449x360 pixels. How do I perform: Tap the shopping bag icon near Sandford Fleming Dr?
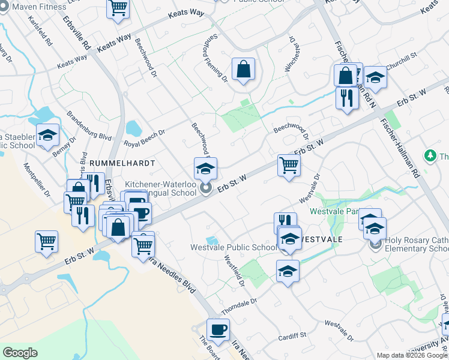[243, 69]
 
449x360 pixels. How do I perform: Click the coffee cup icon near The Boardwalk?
[218, 329]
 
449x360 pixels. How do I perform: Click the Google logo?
[20, 353]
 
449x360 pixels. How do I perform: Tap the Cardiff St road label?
[292, 336]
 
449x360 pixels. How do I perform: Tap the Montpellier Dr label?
[37, 178]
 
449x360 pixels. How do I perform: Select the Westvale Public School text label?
[234, 247]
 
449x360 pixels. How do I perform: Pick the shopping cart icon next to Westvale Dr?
[289, 165]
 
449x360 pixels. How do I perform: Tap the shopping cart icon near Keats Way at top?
[118, 8]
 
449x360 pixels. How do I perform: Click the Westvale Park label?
[334, 211]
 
